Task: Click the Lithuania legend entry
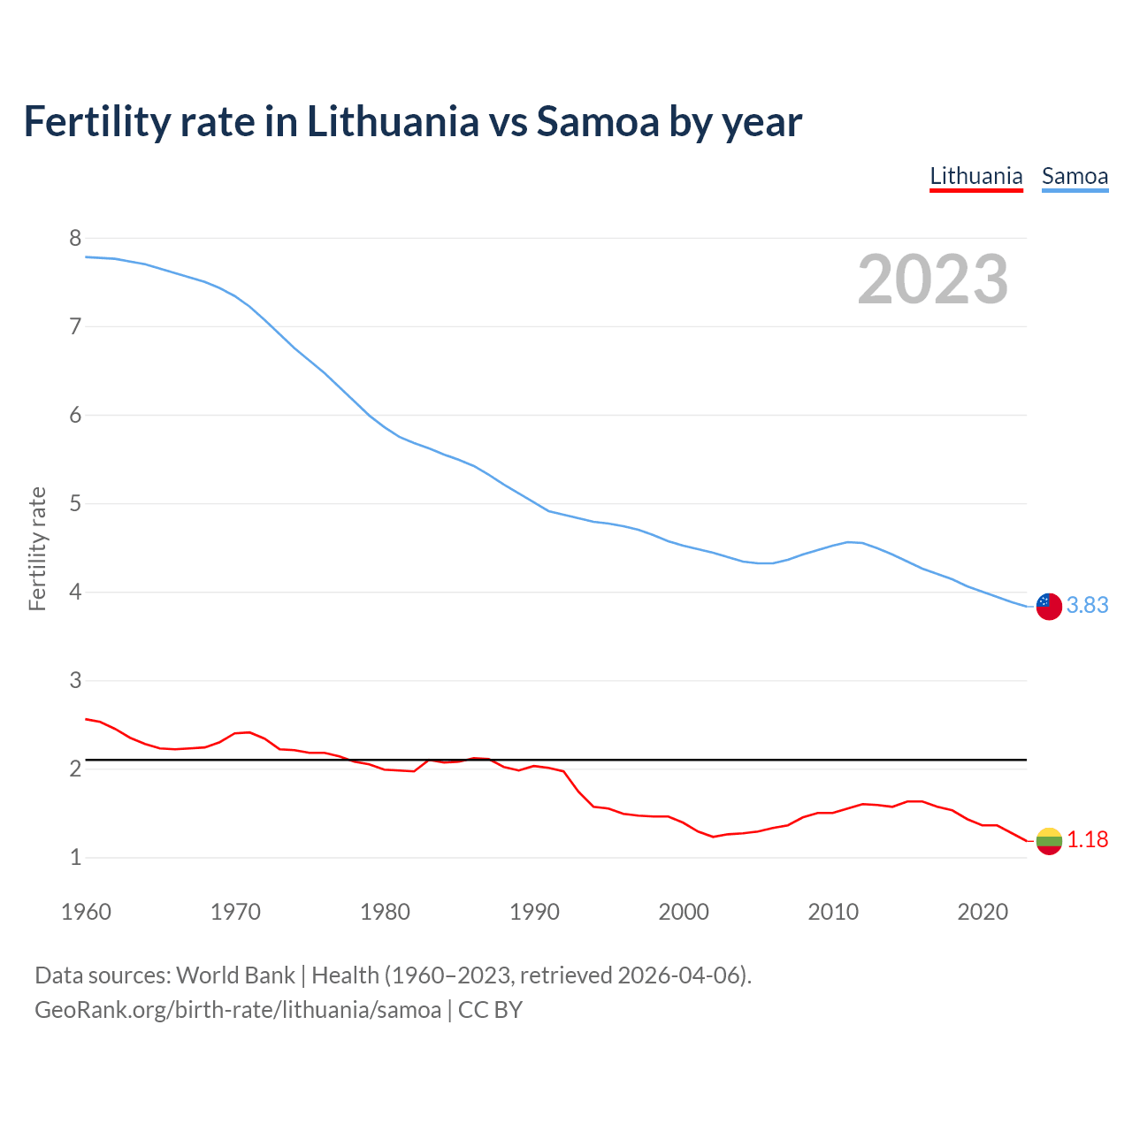[975, 176]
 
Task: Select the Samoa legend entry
[1075, 176]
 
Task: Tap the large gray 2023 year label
[932, 279]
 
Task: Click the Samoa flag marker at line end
[1049, 607]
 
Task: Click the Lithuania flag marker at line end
[1049, 841]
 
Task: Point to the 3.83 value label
[1087, 605]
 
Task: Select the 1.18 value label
[1087, 839]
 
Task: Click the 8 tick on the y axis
[75, 238]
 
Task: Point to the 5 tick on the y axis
[75, 503]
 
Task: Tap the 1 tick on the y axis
[75, 857]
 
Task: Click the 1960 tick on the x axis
[86, 912]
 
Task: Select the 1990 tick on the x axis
[534, 912]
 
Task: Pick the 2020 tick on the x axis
[983, 912]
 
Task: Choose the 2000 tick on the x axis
[684, 912]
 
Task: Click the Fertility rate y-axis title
[37, 548]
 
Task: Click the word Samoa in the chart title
[598, 121]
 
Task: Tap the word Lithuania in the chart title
[393, 121]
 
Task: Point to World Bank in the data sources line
[235, 975]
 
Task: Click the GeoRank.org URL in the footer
[237, 1010]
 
